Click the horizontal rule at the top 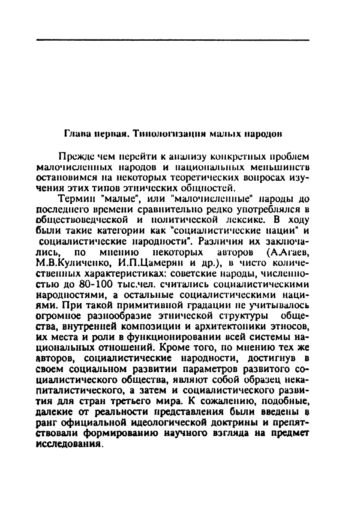pyautogui.click(x=173, y=40)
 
